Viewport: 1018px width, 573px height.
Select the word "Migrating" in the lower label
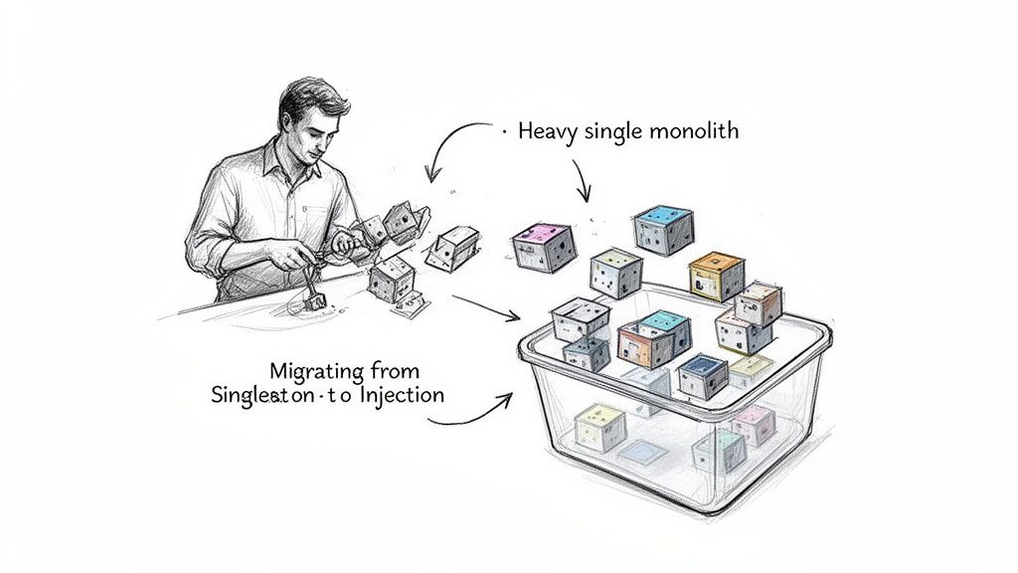point(308,371)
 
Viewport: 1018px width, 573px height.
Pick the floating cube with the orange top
point(715,275)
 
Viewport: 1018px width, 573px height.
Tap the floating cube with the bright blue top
point(663,228)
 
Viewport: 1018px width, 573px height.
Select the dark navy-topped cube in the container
point(702,376)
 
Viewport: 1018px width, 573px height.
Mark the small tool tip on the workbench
point(309,297)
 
